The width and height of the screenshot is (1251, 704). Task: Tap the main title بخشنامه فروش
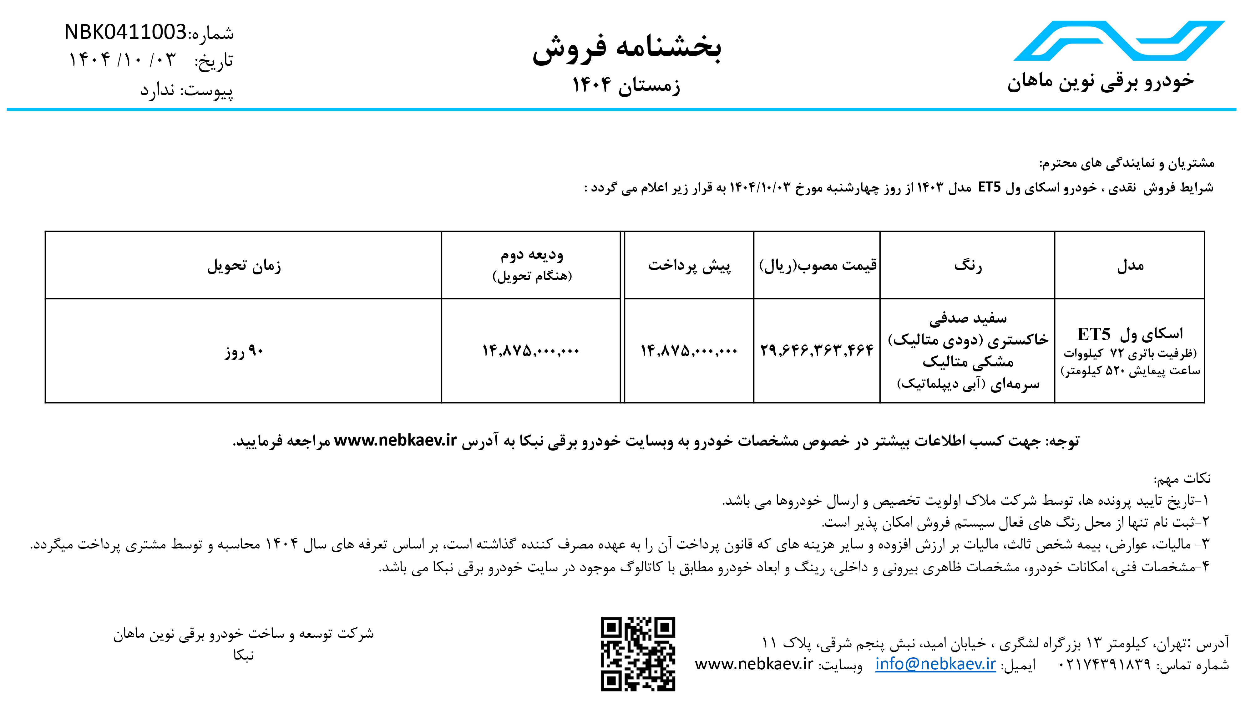(626, 48)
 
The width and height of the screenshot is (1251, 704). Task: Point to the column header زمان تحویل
(244, 266)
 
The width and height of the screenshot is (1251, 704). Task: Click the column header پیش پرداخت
(689, 265)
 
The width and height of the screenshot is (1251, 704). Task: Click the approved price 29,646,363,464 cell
(817, 350)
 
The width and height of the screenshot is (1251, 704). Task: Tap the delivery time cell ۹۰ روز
(244, 351)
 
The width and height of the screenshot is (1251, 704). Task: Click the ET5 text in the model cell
(1094, 334)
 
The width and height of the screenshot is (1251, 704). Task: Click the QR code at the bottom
(638, 654)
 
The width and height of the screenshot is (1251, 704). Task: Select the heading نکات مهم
(1183, 479)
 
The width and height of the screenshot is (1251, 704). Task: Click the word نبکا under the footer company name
(243, 656)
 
